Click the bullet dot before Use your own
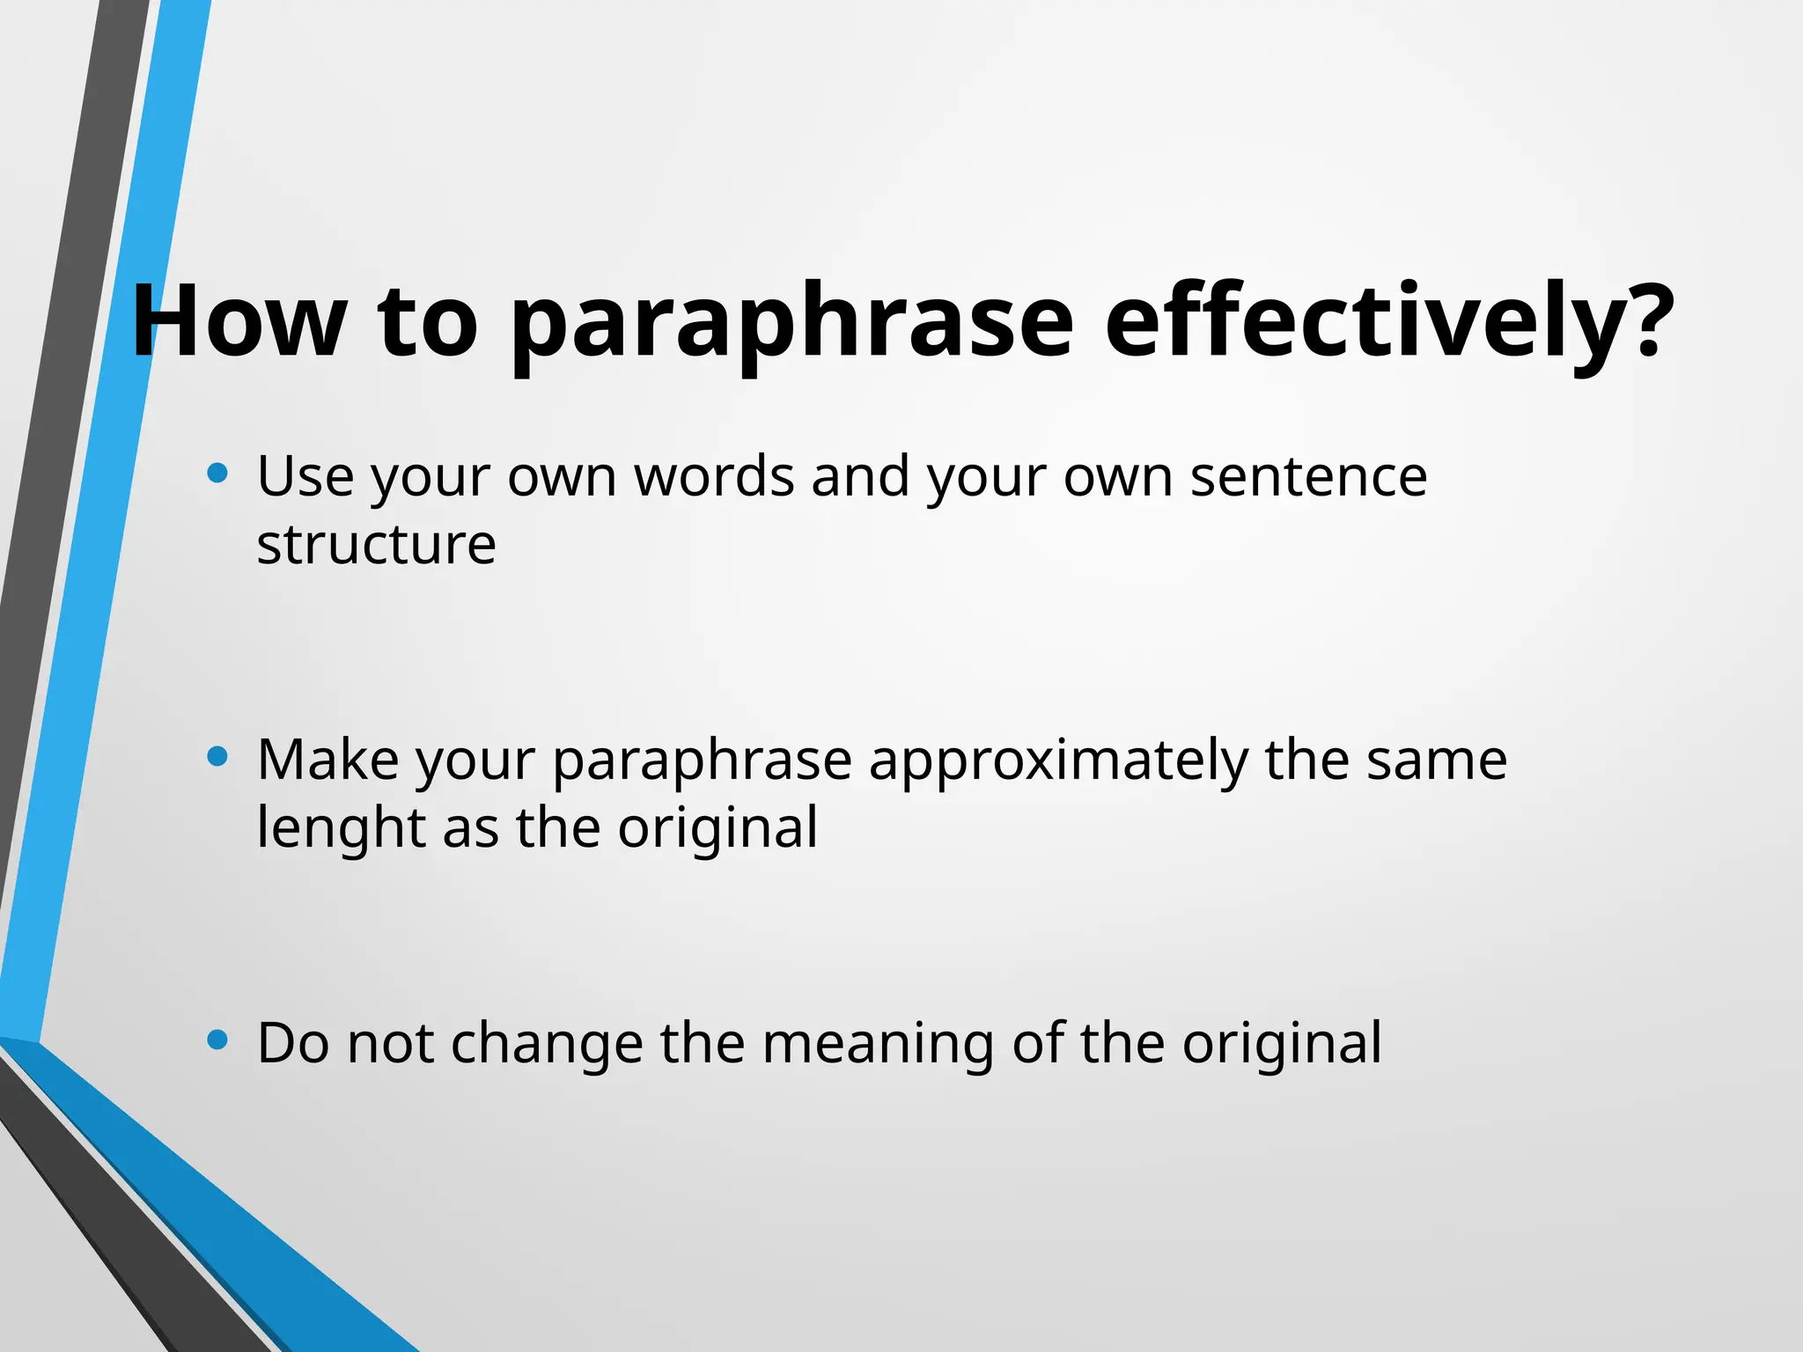[x=217, y=474]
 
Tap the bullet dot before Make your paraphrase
[x=217, y=756]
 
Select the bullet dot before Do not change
[x=217, y=1040]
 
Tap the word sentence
[x=1308, y=476]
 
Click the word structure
[x=376, y=545]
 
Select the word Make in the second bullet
[x=327, y=760]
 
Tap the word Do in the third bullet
[x=293, y=1043]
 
